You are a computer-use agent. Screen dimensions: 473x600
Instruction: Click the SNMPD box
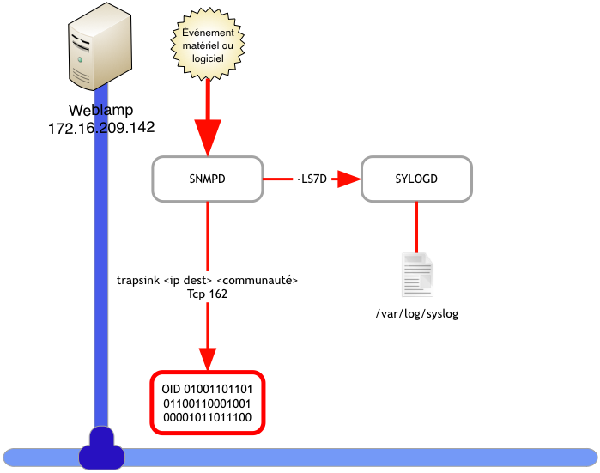(207, 179)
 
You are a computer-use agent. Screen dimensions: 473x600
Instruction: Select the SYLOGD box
(416, 179)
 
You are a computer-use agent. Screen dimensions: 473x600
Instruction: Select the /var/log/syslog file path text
(417, 314)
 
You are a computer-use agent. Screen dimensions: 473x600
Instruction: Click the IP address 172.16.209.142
(101, 127)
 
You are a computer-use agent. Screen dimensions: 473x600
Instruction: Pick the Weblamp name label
(100, 111)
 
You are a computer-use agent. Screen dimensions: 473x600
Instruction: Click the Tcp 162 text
(207, 294)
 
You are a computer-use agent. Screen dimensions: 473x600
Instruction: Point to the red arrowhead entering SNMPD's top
(208, 138)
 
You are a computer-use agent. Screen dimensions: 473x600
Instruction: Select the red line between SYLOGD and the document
(417, 227)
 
